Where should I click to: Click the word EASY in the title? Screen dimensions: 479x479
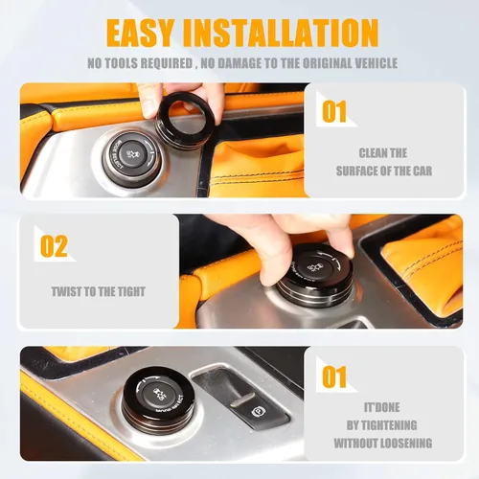pyautogui.click(x=140, y=33)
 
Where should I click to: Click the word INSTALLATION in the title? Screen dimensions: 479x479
pyautogui.click(x=281, y=33)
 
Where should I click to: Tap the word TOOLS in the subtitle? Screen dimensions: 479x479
pyautogui.click(x=122, y=63)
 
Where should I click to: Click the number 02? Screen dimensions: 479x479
pyautogui.click(x=54, y=246)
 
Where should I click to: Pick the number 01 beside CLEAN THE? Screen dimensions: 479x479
pyautogui.click(x=334, y=111)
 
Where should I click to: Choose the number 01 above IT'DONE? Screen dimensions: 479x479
pyautogui.click(x=334, y=376)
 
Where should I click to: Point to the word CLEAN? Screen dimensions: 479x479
pyautogui.click(x=372, y=153)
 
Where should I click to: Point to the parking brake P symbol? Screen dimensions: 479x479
pyautogui.click(x=258, y=412)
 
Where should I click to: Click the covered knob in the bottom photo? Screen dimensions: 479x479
pyautogui.click(x=156, y=399)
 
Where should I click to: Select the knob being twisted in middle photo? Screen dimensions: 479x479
pyautogui.click(x=314, y=276)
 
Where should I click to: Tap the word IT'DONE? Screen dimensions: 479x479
pyautogui.click(x=382, y=407)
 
